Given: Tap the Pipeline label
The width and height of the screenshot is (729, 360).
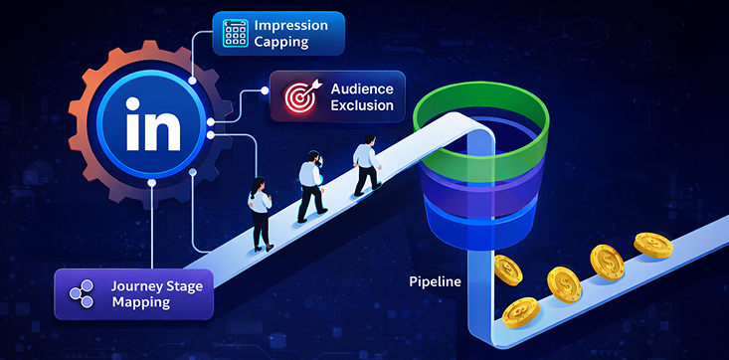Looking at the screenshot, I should (436, 281).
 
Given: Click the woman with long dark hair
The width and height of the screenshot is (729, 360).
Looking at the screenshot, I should (260, 212).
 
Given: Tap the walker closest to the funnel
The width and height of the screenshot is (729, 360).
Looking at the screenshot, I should (366, 167).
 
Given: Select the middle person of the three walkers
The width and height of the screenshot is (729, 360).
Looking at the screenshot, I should (310, 186).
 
